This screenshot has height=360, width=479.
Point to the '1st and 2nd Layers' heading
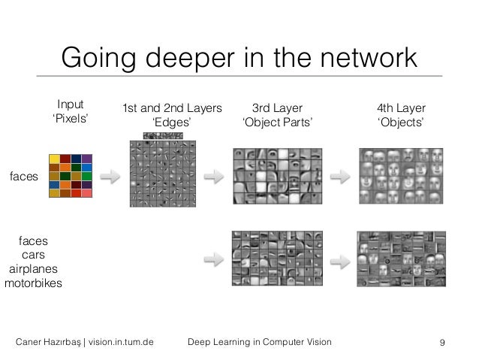tap(172, 108)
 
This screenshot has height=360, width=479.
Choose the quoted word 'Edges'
tap(172, 123)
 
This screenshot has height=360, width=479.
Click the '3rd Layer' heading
tap(277, 108)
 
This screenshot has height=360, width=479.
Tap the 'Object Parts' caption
tap(277, 123)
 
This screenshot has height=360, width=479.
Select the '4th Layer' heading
tap(400, 108)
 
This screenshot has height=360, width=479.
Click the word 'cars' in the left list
tap(33, 255)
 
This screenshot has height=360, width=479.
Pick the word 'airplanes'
tap(33, 269)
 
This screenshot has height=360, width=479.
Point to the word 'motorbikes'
tap(33, 283)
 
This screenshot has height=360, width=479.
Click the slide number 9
tap(442, 343)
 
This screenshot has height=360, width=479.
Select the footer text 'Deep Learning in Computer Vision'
tap(259, 343)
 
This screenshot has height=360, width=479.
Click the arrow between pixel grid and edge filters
tap(110, 177)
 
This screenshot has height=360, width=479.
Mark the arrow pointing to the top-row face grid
tap(341, 177)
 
